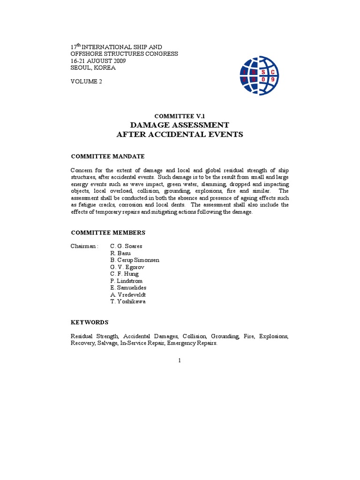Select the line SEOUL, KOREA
point(93,67)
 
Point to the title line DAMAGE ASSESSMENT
point(180,125)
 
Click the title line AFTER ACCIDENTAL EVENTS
point(180,135)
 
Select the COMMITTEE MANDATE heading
point(107,156)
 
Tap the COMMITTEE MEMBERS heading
point(108,232)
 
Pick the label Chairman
point(84,246)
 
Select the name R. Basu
point(121,253)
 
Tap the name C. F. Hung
point(124,274)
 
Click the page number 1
point(180,360)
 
